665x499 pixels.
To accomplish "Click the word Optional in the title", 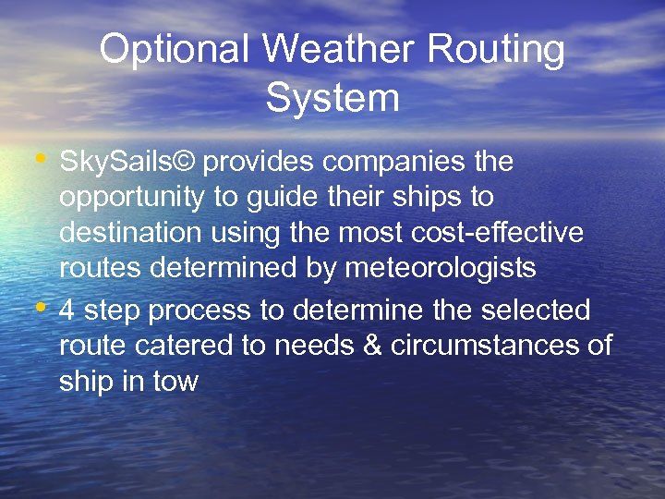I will coord(174,50).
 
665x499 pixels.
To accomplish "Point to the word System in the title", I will coord(332,98).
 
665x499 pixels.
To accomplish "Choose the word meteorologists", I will coord(441,268).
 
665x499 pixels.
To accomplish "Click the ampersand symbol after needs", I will coord(373,346).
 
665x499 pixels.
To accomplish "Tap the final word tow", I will coord(176,381).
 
